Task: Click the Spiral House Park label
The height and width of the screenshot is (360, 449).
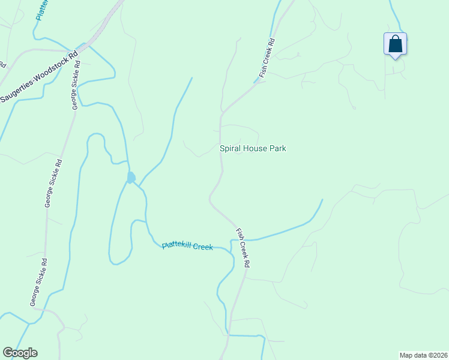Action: (252, 148)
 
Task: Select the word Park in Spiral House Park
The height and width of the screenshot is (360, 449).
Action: (277, 148)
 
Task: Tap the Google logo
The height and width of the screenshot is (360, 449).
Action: (20, 353)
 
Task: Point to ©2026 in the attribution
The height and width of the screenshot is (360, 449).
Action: (436, 355)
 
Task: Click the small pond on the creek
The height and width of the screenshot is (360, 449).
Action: (131, 178)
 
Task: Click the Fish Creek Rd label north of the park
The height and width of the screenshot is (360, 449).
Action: (267, 58)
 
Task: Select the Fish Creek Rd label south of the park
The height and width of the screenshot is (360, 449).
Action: (243, 247)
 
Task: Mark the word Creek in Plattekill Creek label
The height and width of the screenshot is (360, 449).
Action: (203, 247)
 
